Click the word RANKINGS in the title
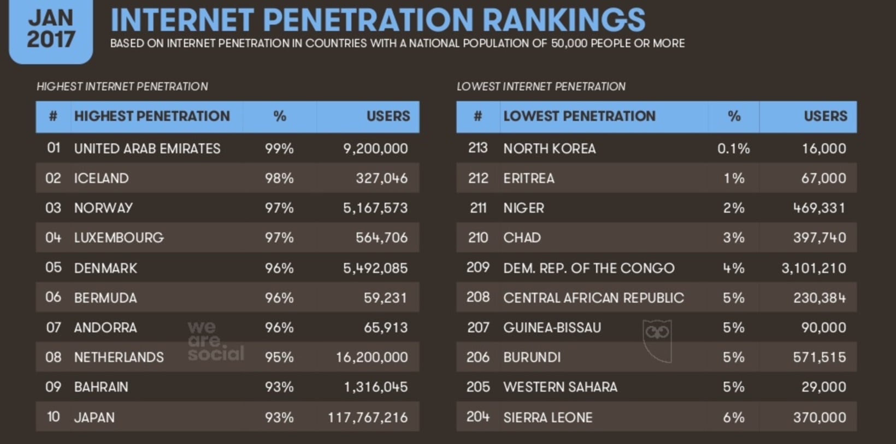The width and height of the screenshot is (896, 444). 563,20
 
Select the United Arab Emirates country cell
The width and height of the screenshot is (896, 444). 147,149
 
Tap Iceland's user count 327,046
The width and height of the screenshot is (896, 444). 381,178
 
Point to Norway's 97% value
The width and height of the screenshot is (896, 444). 279,208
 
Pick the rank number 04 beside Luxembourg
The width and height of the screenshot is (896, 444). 53,238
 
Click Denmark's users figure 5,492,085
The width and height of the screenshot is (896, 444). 375,268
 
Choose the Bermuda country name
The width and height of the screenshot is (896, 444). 105,298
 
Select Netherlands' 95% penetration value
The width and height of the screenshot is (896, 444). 279,357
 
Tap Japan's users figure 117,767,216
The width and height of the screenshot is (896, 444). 368,418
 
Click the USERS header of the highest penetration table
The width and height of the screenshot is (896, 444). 388,116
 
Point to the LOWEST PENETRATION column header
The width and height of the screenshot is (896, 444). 579,116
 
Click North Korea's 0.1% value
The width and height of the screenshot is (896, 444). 733,149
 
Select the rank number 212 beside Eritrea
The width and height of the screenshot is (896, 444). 478,178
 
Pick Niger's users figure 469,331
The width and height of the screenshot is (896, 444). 819,208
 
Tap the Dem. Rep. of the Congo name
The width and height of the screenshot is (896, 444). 588,268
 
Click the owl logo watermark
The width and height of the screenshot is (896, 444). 657,340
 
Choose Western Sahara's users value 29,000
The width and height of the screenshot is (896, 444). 823,387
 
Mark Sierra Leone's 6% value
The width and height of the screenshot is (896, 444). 733,418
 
